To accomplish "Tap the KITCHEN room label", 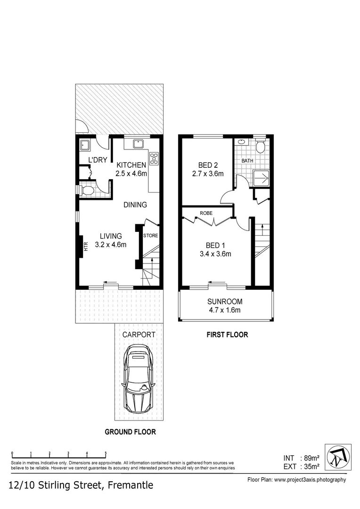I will coord(131,165).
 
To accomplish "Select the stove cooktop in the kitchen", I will coord(154,158).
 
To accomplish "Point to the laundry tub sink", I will coord(85,145).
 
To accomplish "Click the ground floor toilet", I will coord(87,191).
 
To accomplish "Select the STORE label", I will coord(151,235).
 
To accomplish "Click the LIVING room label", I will coord(111,236).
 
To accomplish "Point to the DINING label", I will coord(135,205).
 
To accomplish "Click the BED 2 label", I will coord(208,165).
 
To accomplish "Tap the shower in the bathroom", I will coord(261,178).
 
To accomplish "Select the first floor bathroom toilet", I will coord(260,147).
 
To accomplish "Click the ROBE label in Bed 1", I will coord(206,213).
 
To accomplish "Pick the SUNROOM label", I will coord(225,302).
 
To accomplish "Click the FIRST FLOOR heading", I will coord(227,335).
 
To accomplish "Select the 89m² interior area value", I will coord(311,458).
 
